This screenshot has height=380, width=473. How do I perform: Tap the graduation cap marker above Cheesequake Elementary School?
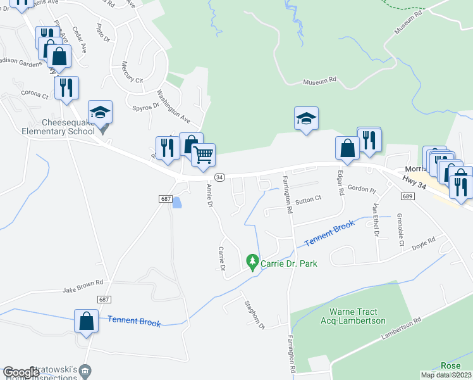100,113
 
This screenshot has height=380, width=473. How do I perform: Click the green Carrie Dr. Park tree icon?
252,262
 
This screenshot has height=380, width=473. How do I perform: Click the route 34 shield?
219,177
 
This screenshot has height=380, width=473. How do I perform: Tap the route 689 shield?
407,198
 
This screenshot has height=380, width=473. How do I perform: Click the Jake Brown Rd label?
82,290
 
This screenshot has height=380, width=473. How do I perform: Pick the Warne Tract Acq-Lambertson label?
357,316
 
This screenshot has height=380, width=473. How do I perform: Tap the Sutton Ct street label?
309,199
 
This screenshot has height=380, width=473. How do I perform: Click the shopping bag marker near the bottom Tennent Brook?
86,320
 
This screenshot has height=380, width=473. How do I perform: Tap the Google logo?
21,372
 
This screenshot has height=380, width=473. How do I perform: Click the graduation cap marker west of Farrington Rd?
306,118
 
